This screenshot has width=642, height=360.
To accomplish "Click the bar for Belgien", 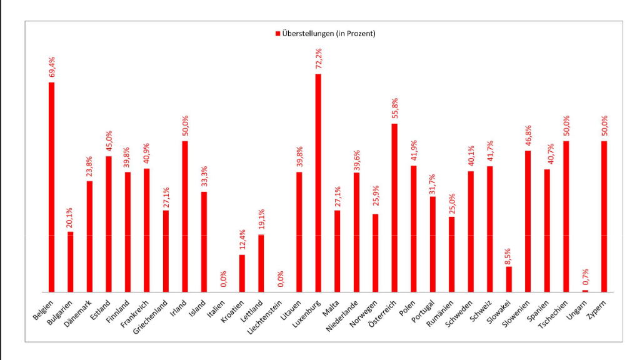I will pos(51,187).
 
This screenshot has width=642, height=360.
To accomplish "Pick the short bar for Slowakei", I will pos(509,279).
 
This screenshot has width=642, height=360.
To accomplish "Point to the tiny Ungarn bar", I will pos(585,291).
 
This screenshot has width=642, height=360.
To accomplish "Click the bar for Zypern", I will pos(604,216).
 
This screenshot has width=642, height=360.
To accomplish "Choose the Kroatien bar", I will pos(242,273).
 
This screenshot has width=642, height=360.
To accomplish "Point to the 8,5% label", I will pos(509,255).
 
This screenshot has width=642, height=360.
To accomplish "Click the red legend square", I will pos(278,34).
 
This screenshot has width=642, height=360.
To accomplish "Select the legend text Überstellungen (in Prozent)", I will pos(329,34).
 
